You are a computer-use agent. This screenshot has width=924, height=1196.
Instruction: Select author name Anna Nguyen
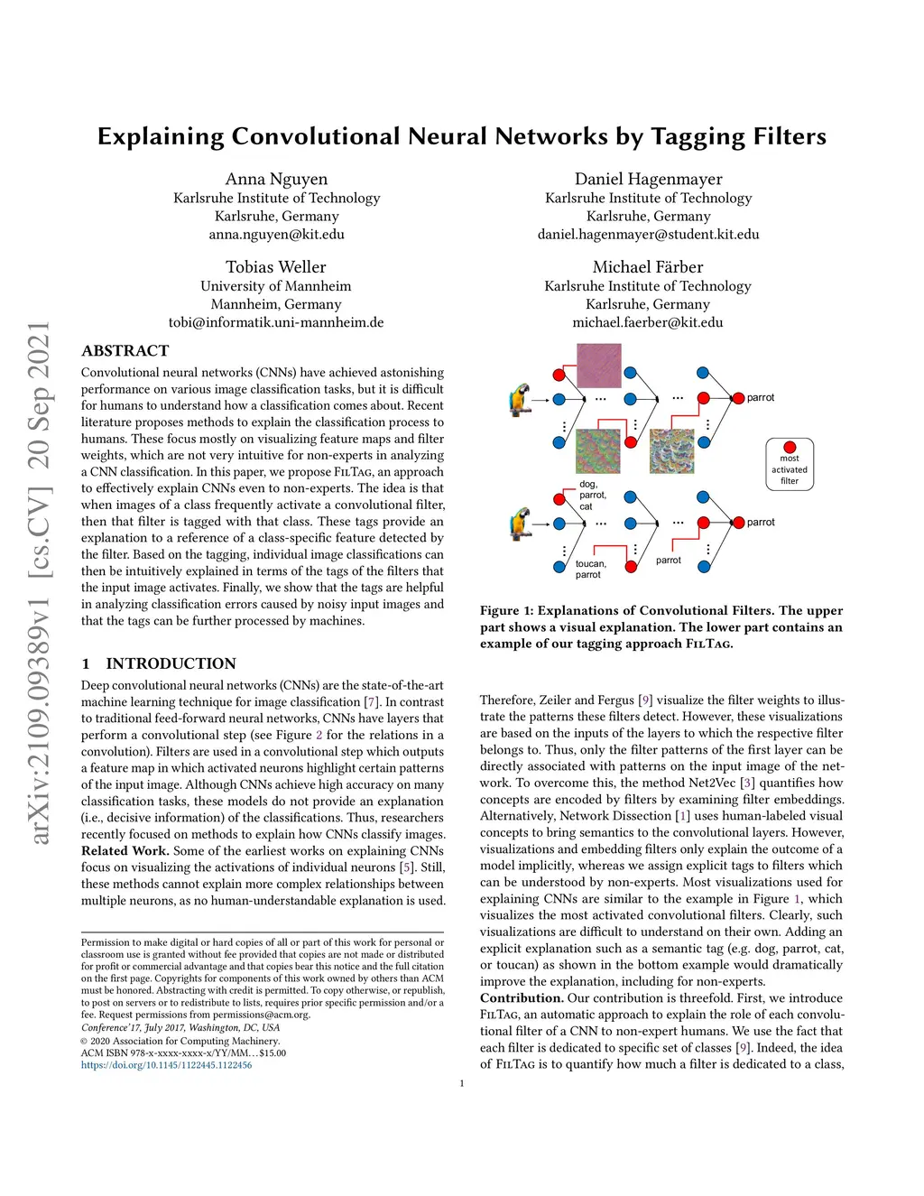tap(276, 179)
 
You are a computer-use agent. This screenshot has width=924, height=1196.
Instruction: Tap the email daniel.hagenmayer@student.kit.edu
tap(648, 234)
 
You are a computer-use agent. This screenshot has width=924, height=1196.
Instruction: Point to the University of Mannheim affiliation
tap(276, 286)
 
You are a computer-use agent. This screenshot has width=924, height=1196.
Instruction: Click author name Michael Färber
tap(648, 267)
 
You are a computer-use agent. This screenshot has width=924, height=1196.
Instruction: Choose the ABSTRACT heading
tap(125, 351)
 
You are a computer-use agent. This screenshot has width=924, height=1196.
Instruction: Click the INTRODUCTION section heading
tap(171, 663)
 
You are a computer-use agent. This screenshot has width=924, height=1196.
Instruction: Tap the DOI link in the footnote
tap(166, 1065)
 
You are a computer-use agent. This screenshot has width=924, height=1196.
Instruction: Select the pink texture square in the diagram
tap(599, 366)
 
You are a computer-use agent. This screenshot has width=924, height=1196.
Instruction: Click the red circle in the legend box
tap(790, 447)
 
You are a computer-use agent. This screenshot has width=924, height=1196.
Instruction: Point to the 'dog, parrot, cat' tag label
tap(592, 496)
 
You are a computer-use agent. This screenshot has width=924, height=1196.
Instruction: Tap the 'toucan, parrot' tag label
tap(590, 569)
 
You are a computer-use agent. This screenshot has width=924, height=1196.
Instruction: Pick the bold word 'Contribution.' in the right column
tap(522, 998)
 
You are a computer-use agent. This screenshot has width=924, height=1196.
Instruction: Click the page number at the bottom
tap(462, 1083)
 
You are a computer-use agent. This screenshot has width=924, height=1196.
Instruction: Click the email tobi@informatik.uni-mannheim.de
tap(276, 322)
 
